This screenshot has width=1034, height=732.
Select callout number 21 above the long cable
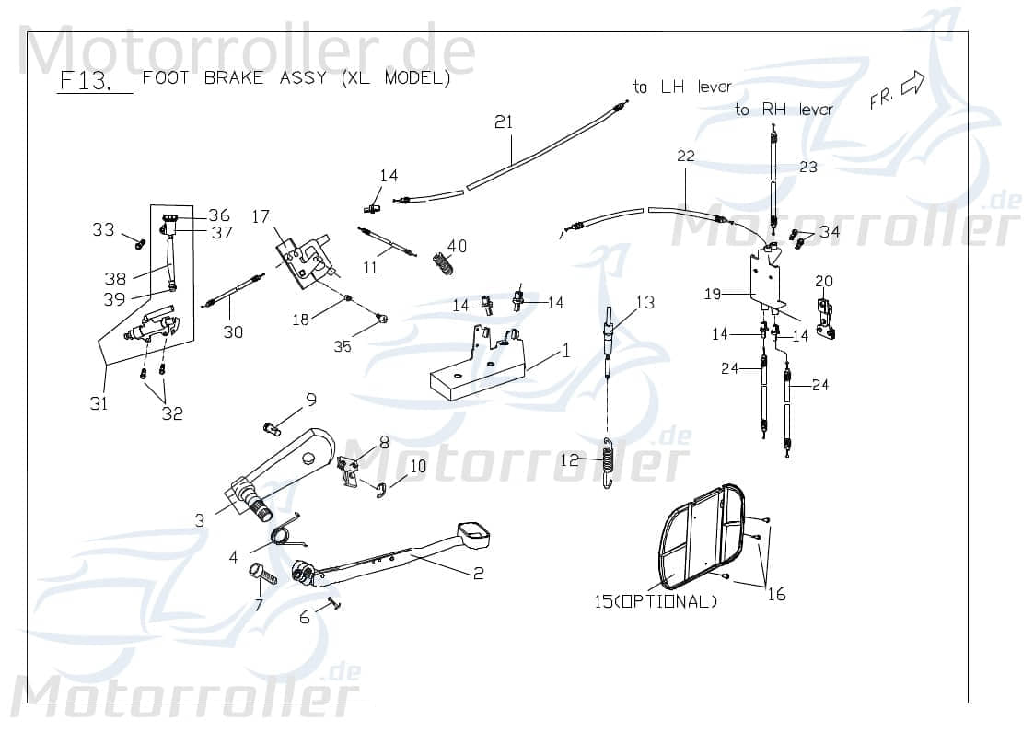[x=503, y=122]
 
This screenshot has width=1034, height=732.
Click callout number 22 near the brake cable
[x=685, y=157]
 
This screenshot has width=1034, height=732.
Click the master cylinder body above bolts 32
[x=153, y=325]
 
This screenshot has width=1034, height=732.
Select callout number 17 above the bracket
[x=261, y=217]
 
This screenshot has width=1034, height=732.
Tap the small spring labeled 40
[x=445, y=266]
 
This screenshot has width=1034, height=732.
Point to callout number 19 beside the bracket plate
[x=713, y=295]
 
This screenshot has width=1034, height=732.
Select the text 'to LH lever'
[x=682, y=87]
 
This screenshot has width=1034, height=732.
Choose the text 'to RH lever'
[x=784, y=110]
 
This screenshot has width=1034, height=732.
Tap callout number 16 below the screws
[x=776, y=595]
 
